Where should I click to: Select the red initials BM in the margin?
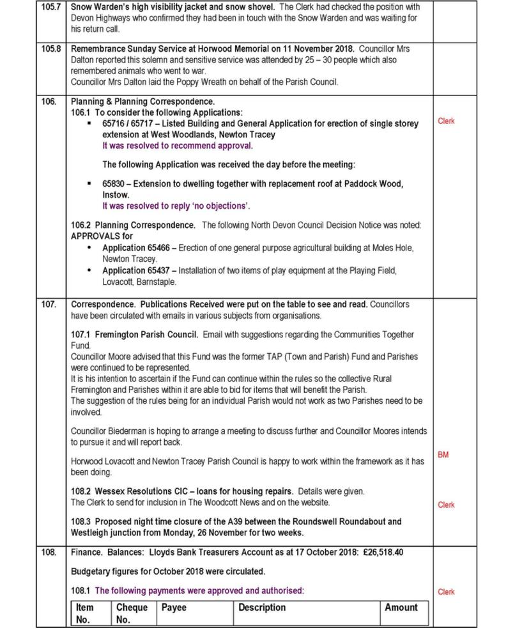(443, 455)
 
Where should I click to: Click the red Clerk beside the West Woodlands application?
(446, 121)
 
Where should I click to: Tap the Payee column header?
(173, 607)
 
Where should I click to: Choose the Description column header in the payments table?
(262, 607)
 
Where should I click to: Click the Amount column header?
(401, 607)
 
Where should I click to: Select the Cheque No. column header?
(132, 613)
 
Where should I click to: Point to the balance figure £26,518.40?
(383, 552)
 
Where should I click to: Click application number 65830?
(113, 184)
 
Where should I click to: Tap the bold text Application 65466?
(136, 248)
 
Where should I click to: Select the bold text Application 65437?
(136, 270)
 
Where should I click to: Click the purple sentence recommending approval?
(178, 146)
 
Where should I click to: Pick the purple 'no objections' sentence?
(176, 206)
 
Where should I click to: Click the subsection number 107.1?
(81, 335)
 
